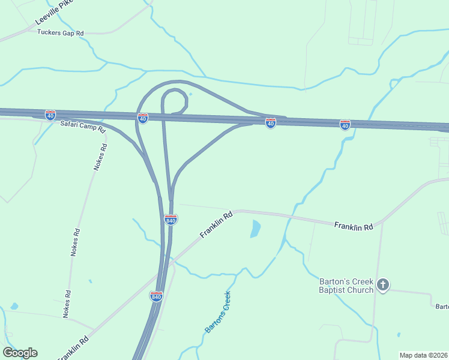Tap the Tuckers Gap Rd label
coord(60,32)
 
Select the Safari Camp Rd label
coord(82,127)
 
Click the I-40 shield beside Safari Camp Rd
coord(50,115)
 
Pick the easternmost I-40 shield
coord(345,125)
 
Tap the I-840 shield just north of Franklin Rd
coord(170,220)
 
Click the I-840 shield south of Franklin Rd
coord(156,296)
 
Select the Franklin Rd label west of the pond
coord(216,224)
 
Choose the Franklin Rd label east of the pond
coord(354,226)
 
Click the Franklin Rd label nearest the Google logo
coord(74,348)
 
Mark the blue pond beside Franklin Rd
coord(256,229)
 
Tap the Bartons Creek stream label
coord(217,313)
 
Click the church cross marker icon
coord(384,285)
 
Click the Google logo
coord(20,353)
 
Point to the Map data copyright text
coord(423,355)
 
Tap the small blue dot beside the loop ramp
coord(190,94)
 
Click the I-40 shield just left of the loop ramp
coord(142,118)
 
